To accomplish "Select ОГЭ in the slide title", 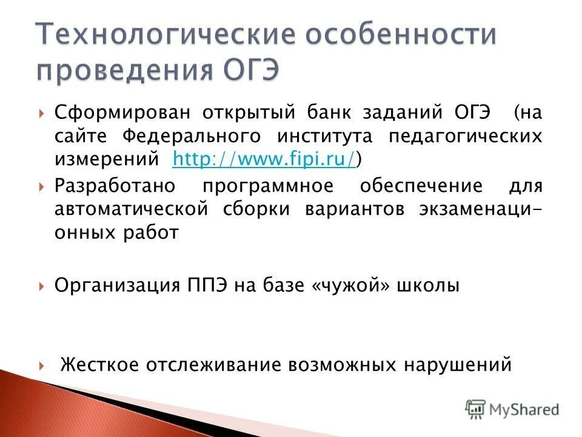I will pyautogui.click(x=247, y=71).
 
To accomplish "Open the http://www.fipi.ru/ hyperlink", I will pyautogui.click(x=264, y=159).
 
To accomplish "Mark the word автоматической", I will pyautogui.click(x=132, y=209).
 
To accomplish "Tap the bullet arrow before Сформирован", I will pyautogui.click(x=41, y=113).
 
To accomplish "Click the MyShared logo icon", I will pyautogui.click(x=476, y=409).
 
